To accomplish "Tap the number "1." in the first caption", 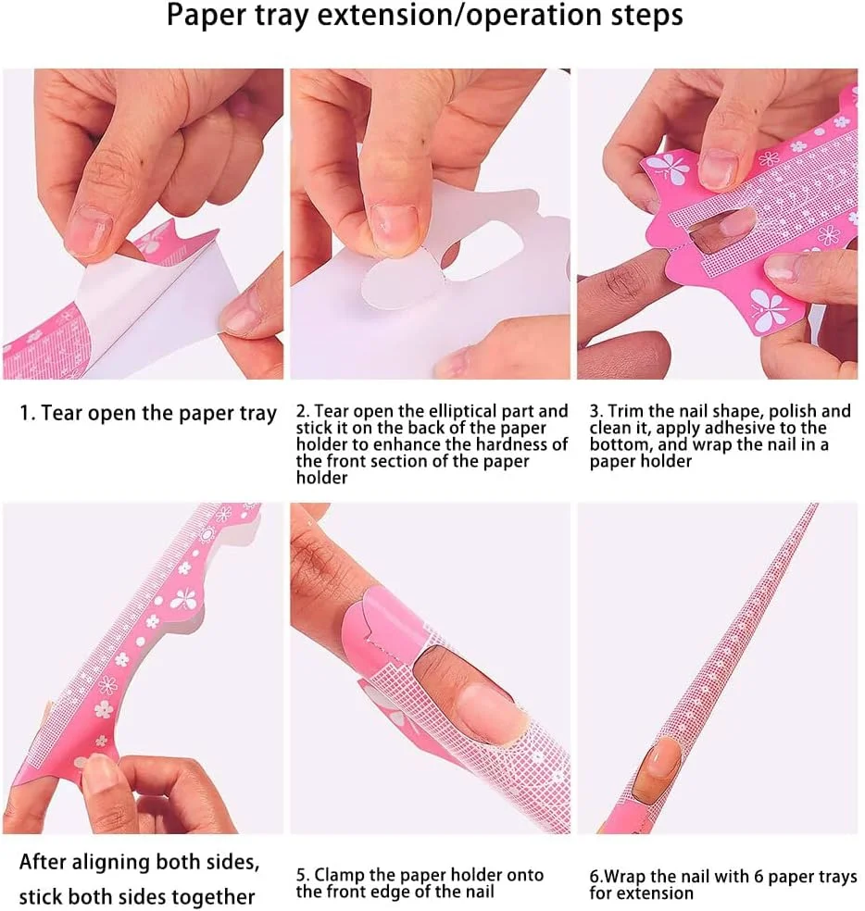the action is (x=28, y=413).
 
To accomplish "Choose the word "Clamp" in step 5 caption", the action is (x=340, y=874).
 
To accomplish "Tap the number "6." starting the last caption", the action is (x=597, y=877).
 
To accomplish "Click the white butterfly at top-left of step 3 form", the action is (x=669, y=169).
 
